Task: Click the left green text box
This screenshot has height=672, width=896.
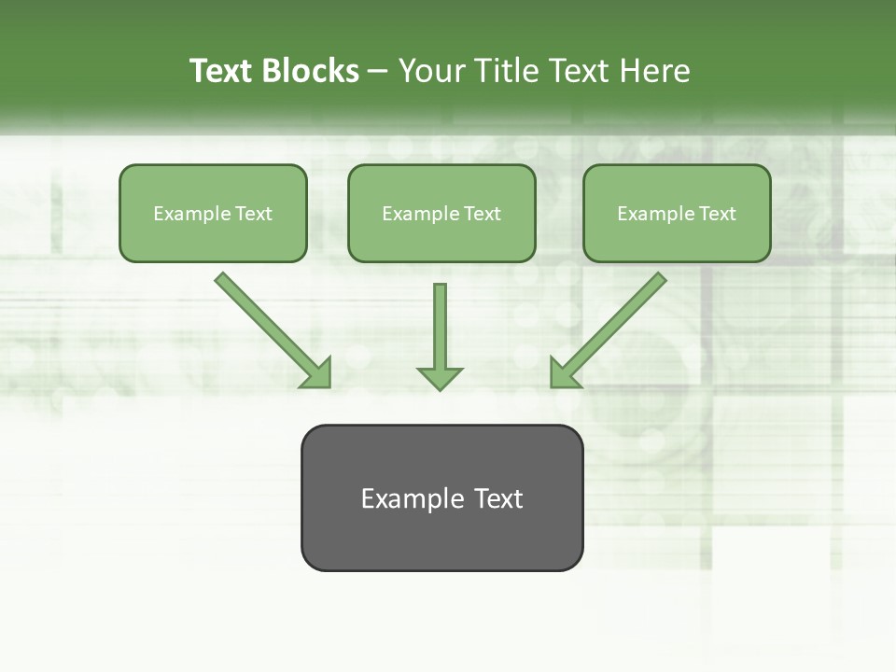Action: click(x=213, y=214)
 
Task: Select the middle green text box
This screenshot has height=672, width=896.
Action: click(x=441, y=214)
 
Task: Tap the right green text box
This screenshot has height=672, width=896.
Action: click(x=677, y=214)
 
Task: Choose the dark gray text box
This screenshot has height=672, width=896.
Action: click(x=441, y=497)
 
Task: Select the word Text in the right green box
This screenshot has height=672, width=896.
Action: click(x=718, y=214)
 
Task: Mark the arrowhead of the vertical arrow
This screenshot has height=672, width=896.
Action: click(x=440, y=377)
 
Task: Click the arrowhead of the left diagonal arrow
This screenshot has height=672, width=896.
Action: click(x=316, y=372)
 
